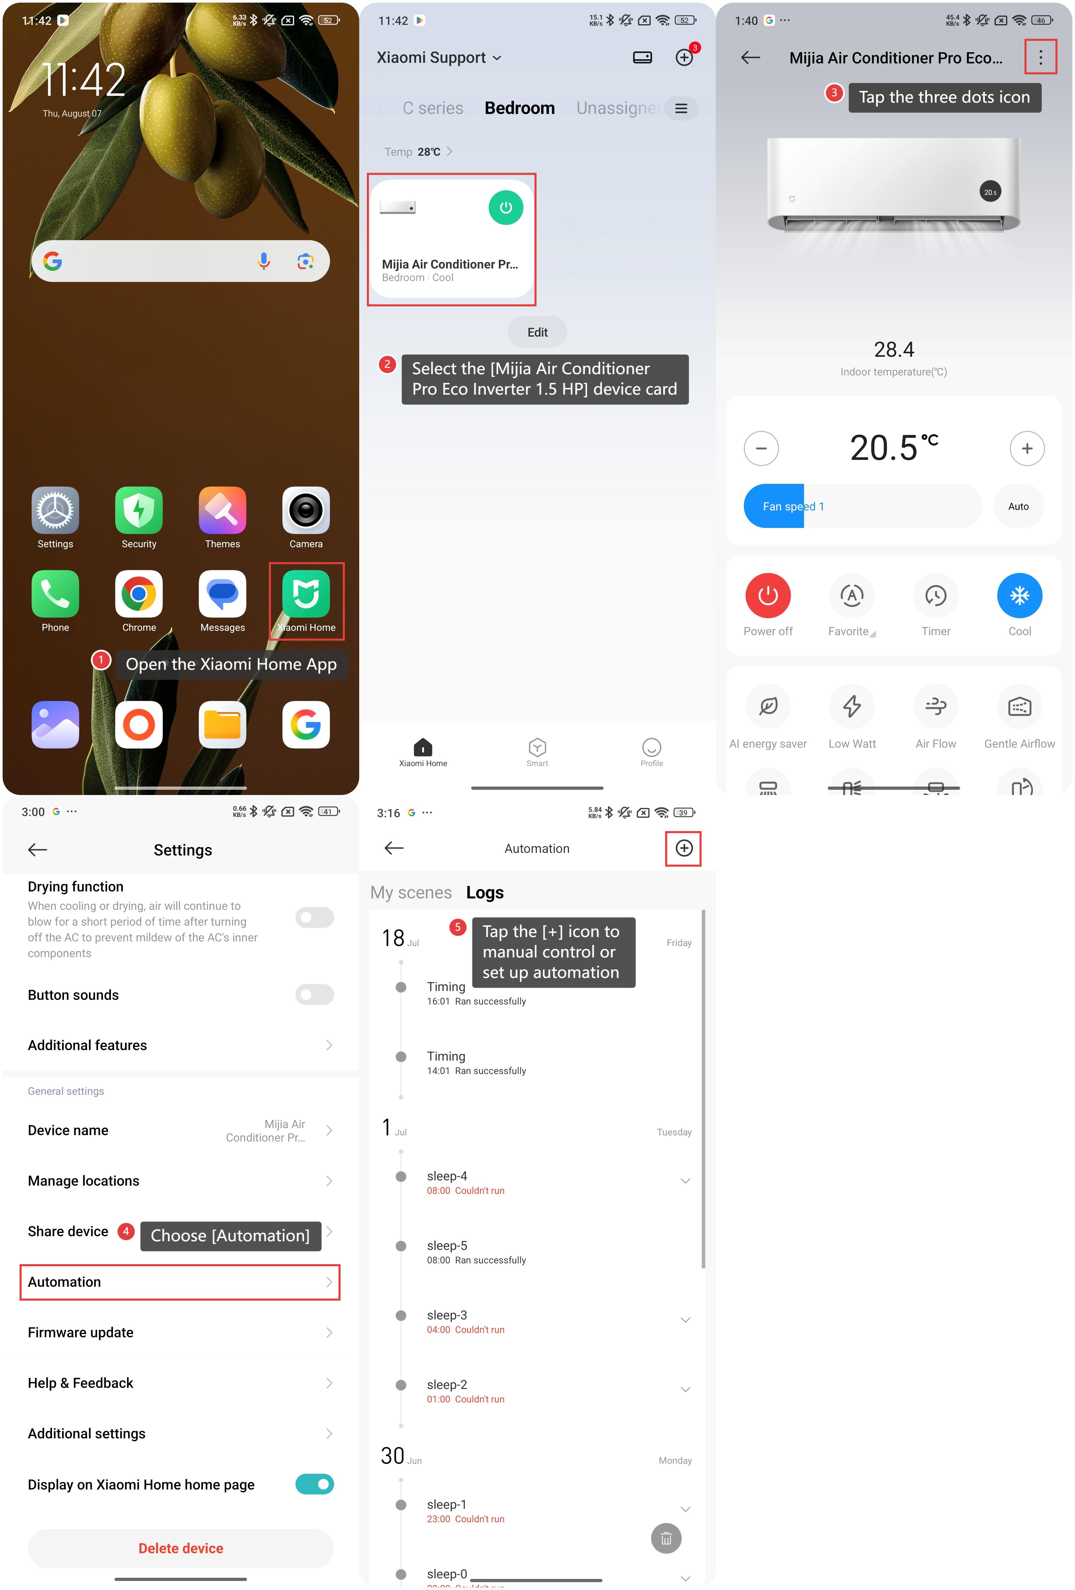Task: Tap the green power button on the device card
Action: [506, 207]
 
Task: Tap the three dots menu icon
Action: [1040, 58]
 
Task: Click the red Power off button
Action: [768, 595]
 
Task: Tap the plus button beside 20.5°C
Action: [1026, 448]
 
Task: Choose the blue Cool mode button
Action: [1019, 595]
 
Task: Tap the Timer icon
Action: [935, 595]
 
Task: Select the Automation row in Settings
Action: [180, 1281]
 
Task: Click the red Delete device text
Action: [181, 1548]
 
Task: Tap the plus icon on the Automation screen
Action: [684, 848]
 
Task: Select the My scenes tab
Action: [411, 892]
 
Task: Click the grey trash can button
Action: [666, 1538]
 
